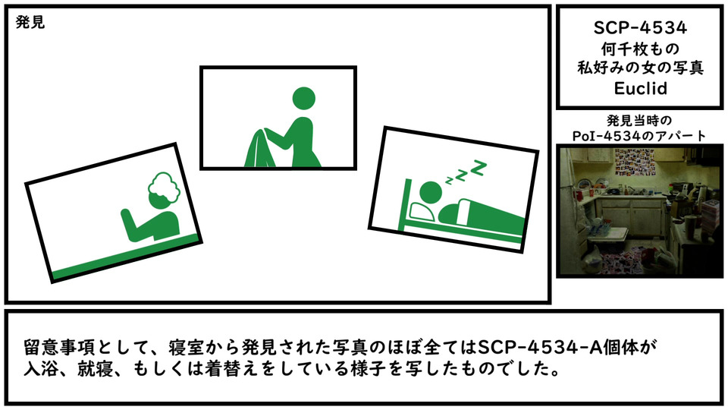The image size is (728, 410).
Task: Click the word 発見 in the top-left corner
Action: point(30,22)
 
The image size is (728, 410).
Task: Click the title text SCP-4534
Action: point(640,28)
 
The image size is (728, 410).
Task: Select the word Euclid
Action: point(640,88)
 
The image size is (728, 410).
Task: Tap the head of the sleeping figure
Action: point(431,192)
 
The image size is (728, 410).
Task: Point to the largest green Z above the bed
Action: point(479,167)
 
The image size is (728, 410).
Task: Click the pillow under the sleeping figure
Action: point(423,212)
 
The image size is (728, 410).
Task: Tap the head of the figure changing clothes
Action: point(303,99)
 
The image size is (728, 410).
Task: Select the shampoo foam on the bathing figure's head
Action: point(164,188)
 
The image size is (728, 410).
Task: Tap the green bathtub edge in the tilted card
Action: point(125,257)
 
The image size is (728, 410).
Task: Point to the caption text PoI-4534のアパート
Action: point(639,136)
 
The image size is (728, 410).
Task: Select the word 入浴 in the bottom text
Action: point(41,369)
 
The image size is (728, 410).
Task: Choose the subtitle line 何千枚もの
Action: point(640,49)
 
